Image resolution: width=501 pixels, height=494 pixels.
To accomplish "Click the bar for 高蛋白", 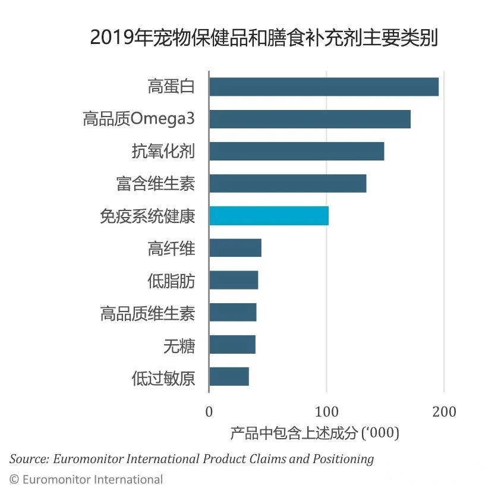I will pyautogui.click(x=324, y=87).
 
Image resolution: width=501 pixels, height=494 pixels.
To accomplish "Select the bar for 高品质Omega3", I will pyautogui.click(x=310, y=119).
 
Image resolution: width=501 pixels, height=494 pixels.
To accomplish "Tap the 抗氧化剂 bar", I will pyautogui.click(x=297, y=151).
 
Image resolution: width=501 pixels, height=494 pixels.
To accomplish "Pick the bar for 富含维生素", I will pyautogui.click(x=288, y=183).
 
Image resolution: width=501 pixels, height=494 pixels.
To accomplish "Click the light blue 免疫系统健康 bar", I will pyautogui.click(x=269, y=215).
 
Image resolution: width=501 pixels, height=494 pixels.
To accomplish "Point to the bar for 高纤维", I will pyautogui.click(x=235, y=248).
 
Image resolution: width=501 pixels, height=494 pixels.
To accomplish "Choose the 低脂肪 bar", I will pyautogui.click(x=234, y=280).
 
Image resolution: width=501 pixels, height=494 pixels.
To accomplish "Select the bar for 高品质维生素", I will pyautogui.click(x=233, y=312).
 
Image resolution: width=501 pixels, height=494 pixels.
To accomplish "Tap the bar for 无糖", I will pyautogui.click(x=232, y=344).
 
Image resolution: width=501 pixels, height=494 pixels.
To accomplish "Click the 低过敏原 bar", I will pyautogui.click(x=229, y=376).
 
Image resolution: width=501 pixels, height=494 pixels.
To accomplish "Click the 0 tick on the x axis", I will pyautogui.click(x=209, y=412).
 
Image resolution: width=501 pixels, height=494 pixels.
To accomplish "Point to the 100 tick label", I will pyautogui.click(x=326, y=412).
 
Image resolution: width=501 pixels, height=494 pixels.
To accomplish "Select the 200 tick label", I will pyautogui.click(x=444, y=412).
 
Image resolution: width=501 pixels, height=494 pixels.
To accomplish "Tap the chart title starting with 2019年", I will pyautogui.click(x=264, y=38).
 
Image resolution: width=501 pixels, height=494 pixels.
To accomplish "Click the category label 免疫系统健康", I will pyautogui.click(x=147, y=216).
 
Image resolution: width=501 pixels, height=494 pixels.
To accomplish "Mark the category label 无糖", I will pyautogui.click(x=179, y=345).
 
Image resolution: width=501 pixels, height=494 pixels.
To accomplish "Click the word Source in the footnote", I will pyautogui.click(x=29, y=459).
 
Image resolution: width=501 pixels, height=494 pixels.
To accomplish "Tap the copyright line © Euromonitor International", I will pyautogui.click(x=86, y=479).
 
